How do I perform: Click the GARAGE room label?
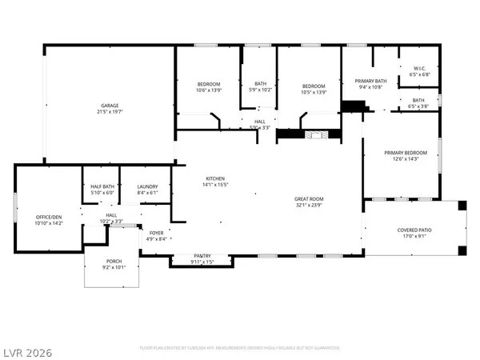point(110,106)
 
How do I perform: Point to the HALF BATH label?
point(102,186)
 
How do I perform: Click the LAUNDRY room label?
point(147,186)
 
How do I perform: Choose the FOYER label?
point(155,233)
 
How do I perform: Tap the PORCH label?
point(114,262)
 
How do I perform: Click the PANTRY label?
point(202,256)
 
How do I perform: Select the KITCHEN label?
point(214,178)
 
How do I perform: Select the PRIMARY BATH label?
point(370,81)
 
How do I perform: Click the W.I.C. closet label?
point(420,68)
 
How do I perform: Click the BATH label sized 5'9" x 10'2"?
point(260,83)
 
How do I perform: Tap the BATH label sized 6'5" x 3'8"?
point(418,100)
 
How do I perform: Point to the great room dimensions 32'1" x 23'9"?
point(308,205)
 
